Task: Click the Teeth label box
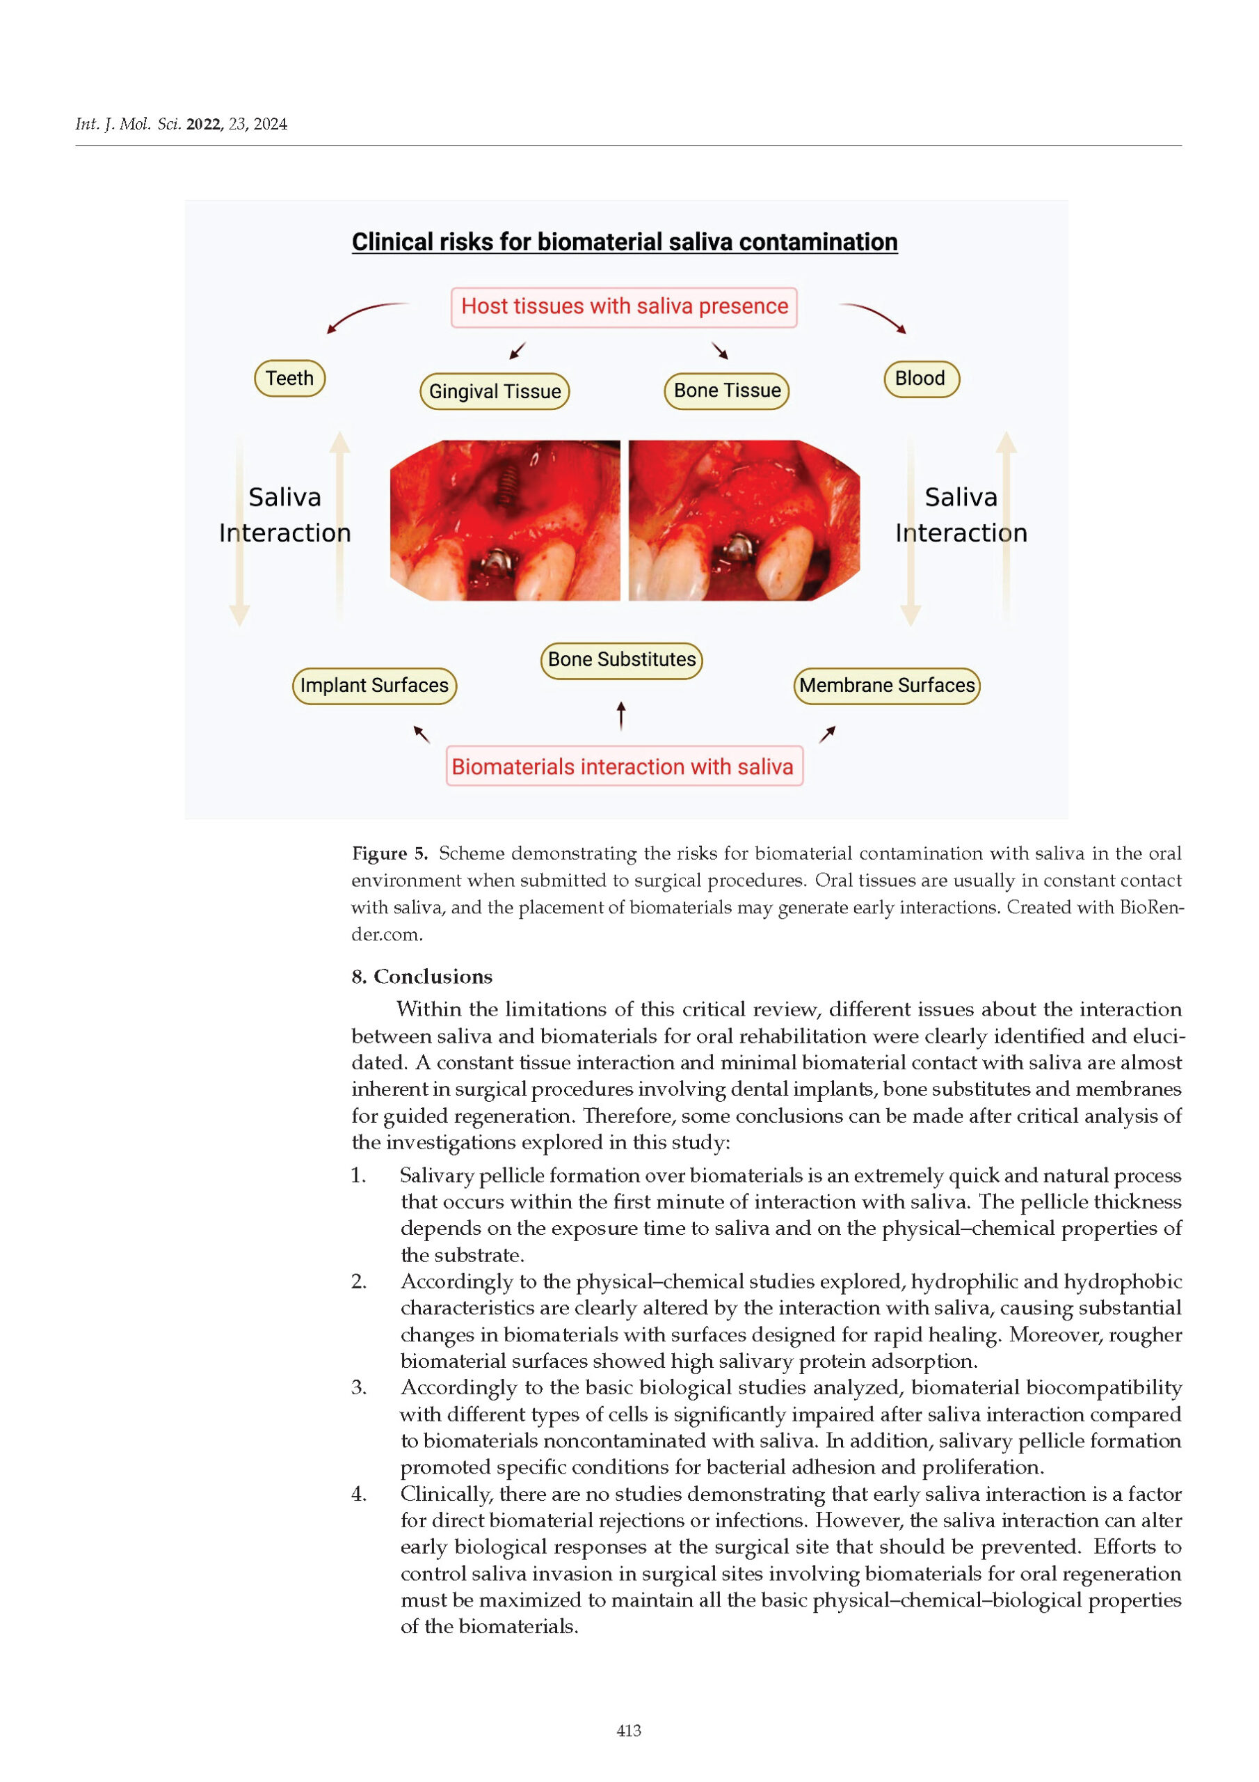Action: (289, 378)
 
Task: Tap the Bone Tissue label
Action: (727, 391)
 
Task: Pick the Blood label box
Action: (921, 379)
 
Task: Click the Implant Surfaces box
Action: (374, 686)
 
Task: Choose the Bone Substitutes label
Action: (621, 660)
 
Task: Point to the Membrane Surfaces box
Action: (887, 686)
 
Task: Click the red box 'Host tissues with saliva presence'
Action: (624, 306)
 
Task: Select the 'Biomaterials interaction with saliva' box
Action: (624, 767)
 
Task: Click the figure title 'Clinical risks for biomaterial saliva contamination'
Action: (625, 242)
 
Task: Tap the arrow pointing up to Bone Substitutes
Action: (620, 715)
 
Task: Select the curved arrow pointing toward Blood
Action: (875, 315)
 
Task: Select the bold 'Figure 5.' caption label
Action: (390, 853)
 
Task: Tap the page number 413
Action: (628, 1730)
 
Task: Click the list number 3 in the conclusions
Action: (358, 1387)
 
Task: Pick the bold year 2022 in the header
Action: (204, 124)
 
